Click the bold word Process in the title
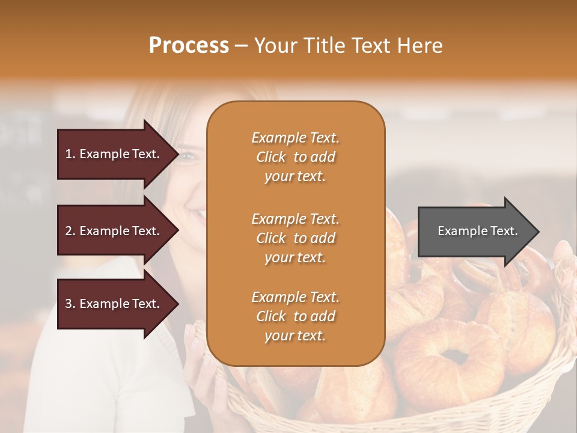coord(189,46)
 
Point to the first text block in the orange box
coord(295,157)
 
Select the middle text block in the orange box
coord(295,238)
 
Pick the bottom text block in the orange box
coord(295,316)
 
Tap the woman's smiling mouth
coord(197,213)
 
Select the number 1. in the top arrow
coord(70,154)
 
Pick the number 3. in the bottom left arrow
coord(70,304)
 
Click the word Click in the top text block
coord(270,157)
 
